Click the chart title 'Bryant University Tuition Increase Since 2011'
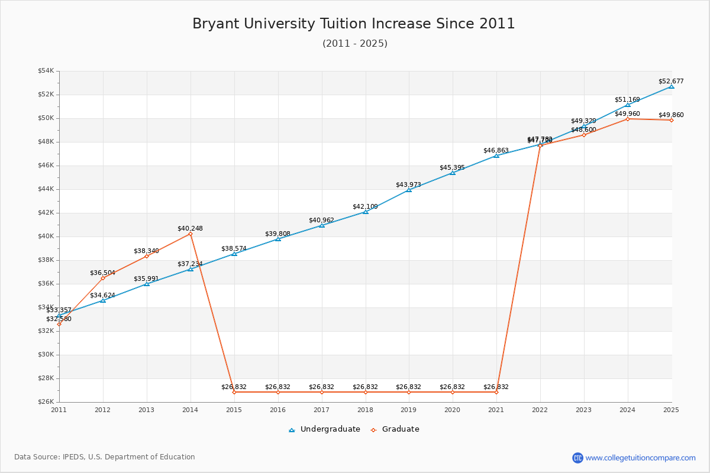(354, 24)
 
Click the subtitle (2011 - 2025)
(354, 44)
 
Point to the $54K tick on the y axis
(46, 71)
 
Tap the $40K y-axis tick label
(46, 237)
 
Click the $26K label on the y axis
(46, 402)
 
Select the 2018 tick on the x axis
(365, 409)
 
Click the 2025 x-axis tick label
(671, 409)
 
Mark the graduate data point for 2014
(190, 234)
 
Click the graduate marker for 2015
(234, 392)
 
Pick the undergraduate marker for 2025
(671, 86)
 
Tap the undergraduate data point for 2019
(408, 190)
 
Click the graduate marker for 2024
(627, 119)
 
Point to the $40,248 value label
(190, 228)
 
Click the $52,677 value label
(671, 81)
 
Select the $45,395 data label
(452, 167)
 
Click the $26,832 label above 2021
(496, 387)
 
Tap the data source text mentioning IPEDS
(105, 457)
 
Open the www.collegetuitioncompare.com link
(640, 458)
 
